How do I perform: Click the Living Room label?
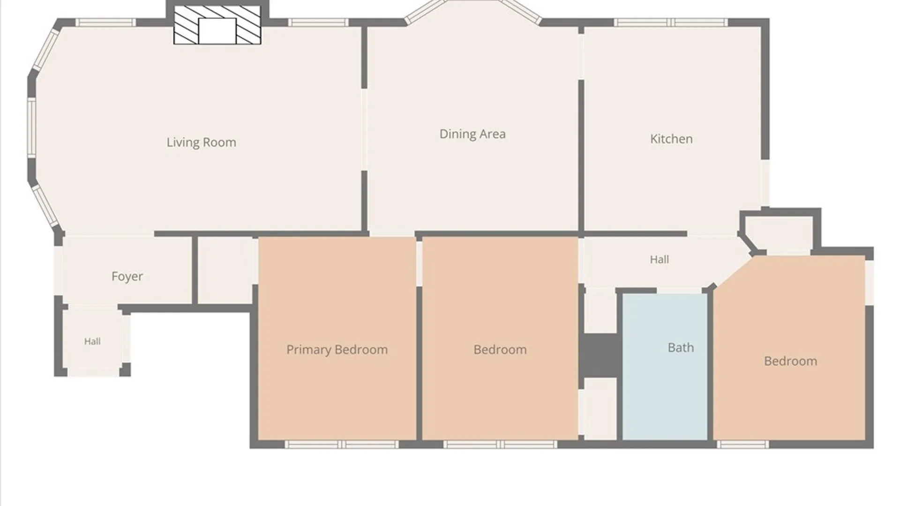pyautogui.click(x=202, y=142)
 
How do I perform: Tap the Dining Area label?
pyautogui.click(x=472, y=134)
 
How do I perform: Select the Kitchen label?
pyautogui.click(x=671, y=139)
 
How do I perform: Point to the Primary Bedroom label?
pyautogui.click(x=337, y=350)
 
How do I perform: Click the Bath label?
pyautogui.click(x=681, y=348)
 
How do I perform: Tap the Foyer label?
pyautogui.click(x=127, y=276)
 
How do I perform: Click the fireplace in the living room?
pyautogui.click(x=217, y=25)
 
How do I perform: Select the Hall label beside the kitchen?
pyautogui.click(x=659, y=260)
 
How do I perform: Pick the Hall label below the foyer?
pyautogui.click(x=92, y=342)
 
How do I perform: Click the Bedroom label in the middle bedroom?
pyautogui.click(x=500, y=350)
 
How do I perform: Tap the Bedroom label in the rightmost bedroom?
pyautogui.click(x=790, y=361)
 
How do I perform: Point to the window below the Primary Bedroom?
pyautogui.click(x=342, y=444)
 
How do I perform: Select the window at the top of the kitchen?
pyautogui.click(x=671, y=22)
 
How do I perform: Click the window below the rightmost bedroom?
pyautogui.click(x=743, y=444)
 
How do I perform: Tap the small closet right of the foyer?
pyautogui.click(x=225, y=270)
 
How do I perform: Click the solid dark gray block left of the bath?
pyautogui.click(x=600, y=355)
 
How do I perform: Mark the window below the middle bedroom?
pyautogui.click(x=500, y=444)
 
